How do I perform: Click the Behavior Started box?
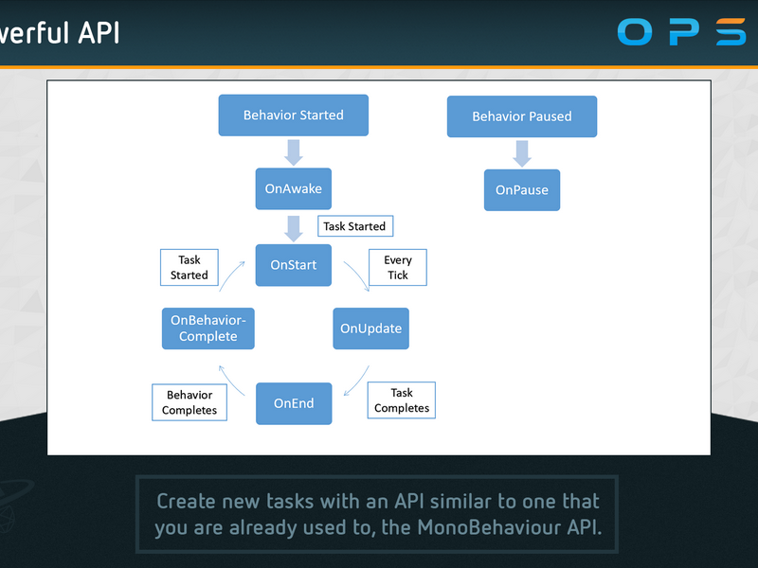(x=294, y=115)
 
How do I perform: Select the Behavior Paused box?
(x=522, y=116)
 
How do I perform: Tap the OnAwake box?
(x=294, y=188)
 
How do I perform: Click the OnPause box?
(x=522, y=190)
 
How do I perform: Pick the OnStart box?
(x=294, y=265)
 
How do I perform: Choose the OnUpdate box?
(x=370, y=328)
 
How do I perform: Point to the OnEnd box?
(x=294, y=403)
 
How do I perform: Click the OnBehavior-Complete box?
(x=208, y=328)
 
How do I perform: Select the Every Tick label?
(x=398, y=268)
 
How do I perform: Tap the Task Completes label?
(x=402, y=400)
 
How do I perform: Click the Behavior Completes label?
(x=189, y=402)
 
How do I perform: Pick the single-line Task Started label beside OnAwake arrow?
(x=355, y=226)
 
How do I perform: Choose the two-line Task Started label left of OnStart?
(x=189, y=268)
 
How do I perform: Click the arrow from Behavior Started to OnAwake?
(x=294, y=152)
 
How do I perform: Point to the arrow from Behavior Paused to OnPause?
(x=522, y=153)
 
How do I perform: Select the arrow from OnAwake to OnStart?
(x=294, y=228)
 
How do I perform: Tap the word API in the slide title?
(x=99, y=33)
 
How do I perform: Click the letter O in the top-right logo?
(x=635, y=32)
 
